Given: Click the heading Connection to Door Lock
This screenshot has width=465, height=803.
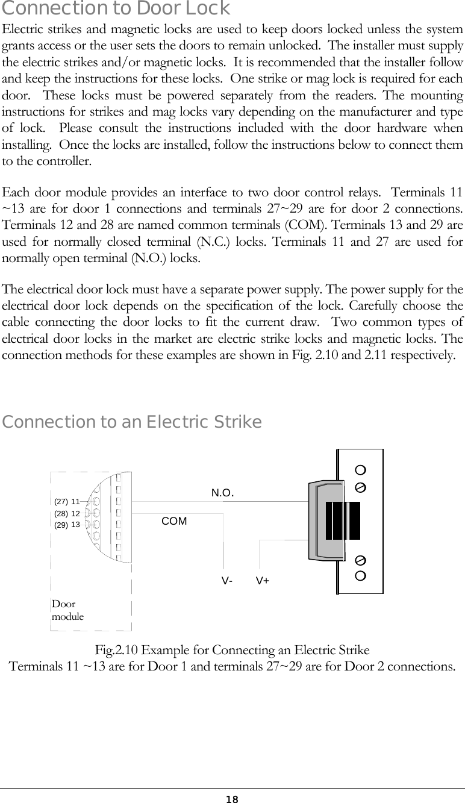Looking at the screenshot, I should (116, 9).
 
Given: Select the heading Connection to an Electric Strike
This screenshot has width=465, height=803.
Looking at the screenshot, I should (132, 422).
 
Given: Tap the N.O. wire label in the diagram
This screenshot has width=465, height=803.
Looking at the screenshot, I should (222, 493).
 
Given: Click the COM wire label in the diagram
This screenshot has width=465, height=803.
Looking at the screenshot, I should (175, 521).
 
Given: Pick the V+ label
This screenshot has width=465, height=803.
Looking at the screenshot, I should (263, 581).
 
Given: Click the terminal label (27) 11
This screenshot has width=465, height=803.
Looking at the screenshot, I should (67, 501).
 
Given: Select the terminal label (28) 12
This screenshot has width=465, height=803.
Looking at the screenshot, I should (67, 513).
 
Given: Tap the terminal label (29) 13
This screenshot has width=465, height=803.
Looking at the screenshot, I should (67, 525).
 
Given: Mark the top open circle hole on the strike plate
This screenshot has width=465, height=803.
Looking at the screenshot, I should (360, 470).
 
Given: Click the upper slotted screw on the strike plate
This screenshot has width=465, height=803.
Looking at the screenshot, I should (360, 486).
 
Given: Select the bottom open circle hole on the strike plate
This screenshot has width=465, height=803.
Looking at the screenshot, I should (360, 575).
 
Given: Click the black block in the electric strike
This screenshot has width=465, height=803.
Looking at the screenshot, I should (343, 520).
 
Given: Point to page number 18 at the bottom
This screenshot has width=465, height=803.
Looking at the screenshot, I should (232, 799).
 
